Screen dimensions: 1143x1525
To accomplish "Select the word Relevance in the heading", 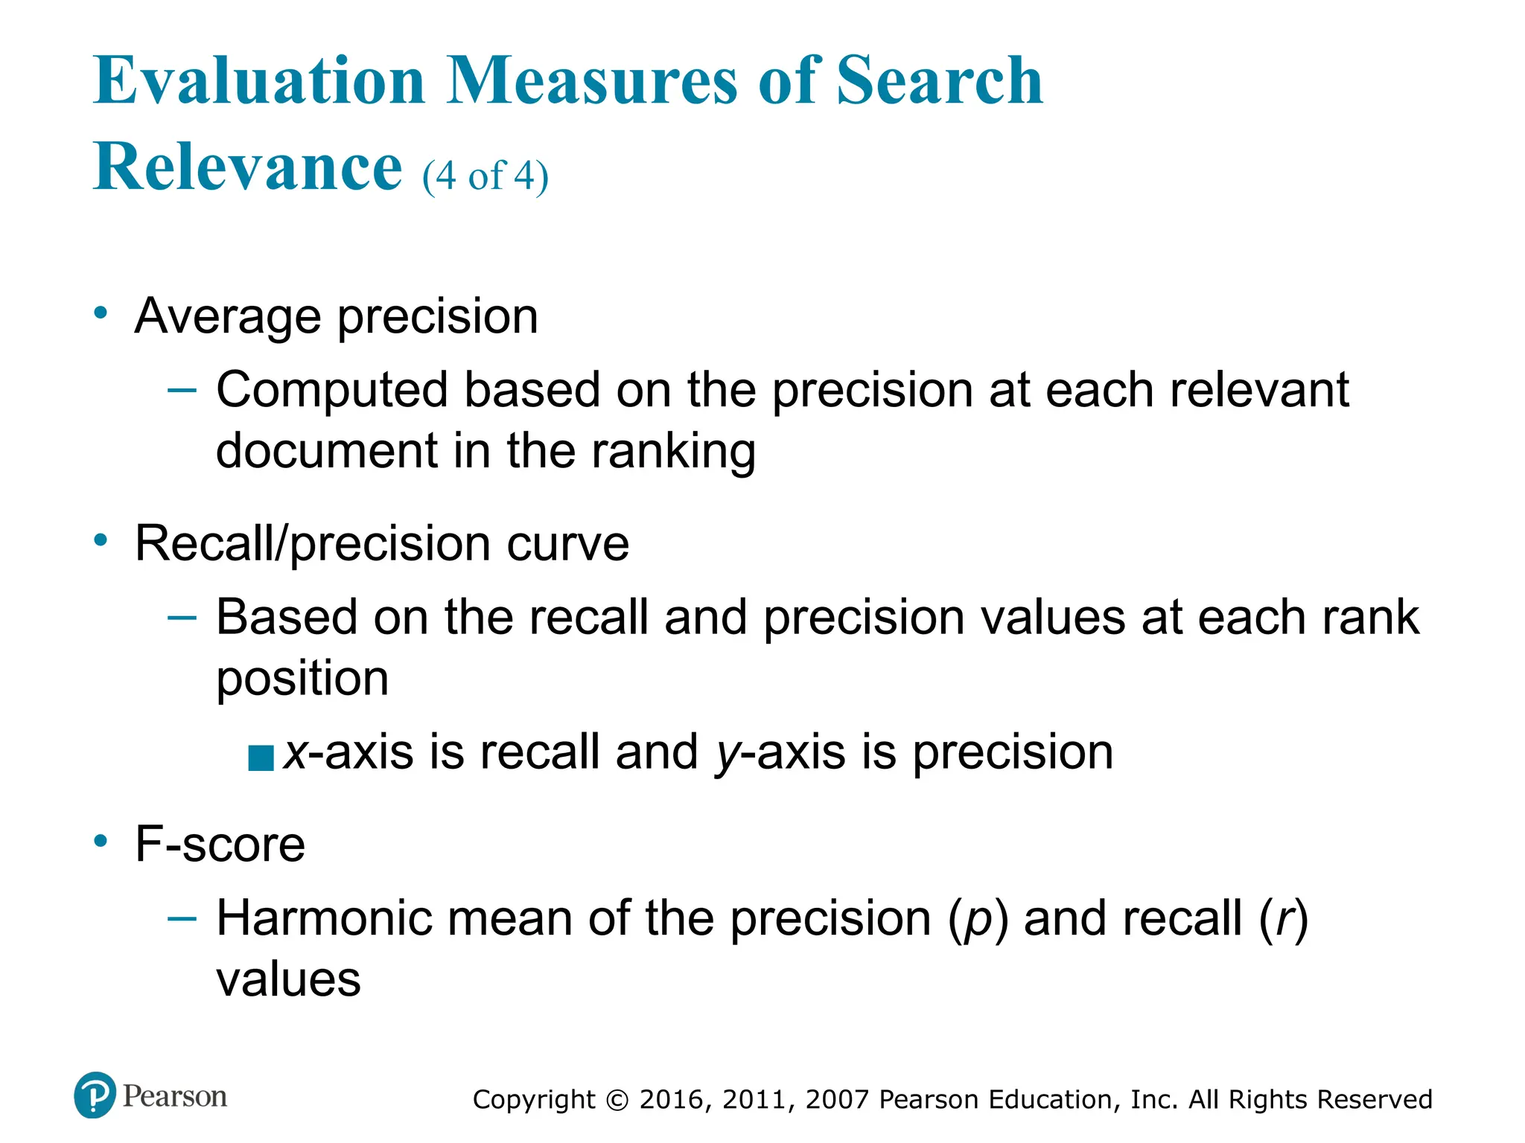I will click(247, 167).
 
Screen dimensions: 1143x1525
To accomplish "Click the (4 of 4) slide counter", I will click(485, 176).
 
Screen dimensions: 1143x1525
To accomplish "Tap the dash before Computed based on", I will click(182, 389).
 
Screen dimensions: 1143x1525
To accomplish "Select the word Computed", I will click(332, 391).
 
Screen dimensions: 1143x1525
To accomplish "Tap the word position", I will click(302, 680).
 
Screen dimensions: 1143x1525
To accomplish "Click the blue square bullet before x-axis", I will click(261, 758).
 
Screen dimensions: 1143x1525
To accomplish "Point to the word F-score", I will click(220, 845).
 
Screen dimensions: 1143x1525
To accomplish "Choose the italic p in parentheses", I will click(977, 921).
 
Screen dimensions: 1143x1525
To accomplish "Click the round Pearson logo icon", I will click(95, 1095).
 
